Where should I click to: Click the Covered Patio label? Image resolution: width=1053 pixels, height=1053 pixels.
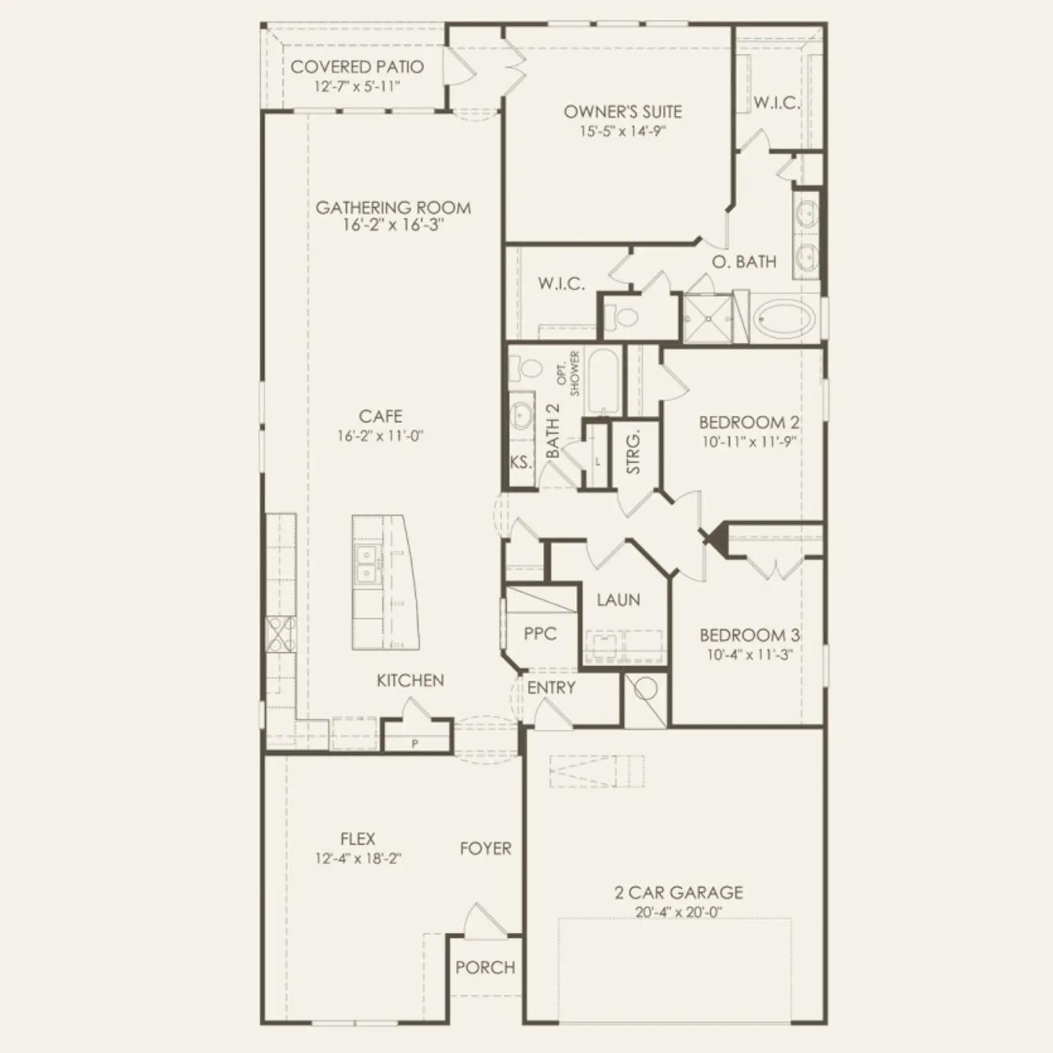(357, 66)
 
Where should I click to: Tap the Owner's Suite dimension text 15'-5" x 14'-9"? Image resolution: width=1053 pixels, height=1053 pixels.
(623, 131)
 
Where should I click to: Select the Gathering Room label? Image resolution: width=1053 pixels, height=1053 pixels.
(393, 207)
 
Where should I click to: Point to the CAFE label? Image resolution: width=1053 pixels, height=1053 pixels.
(380, 416)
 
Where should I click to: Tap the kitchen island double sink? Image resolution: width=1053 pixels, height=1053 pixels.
(366, 565)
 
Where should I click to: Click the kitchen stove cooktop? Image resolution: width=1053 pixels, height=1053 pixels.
(281, 636)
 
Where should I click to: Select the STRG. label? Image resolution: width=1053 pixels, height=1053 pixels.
(633, 452)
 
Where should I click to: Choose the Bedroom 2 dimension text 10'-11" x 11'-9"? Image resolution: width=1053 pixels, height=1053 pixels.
(749, 442)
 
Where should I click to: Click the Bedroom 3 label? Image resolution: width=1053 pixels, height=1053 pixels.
(749, 635)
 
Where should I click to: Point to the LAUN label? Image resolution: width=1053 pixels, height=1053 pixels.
(618, 600)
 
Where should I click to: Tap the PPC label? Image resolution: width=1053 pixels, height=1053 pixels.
(540, 634)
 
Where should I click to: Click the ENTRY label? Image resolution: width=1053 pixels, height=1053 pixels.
(551, 688)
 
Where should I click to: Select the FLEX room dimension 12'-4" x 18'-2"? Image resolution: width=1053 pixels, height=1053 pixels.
(358, 858)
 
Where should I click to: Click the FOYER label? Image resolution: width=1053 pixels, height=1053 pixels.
(486, 848)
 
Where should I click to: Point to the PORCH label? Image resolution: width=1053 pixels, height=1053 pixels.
(485, 967)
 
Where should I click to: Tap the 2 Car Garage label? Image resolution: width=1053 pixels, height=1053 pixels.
(679, 892)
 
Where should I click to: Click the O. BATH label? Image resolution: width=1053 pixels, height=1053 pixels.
(744, 261)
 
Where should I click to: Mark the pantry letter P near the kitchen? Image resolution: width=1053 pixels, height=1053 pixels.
(415, 744)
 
